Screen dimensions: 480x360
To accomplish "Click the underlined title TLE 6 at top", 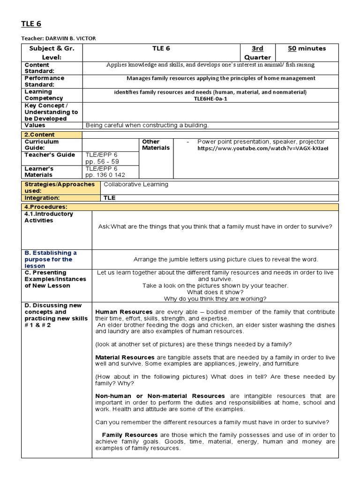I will coord(31,24).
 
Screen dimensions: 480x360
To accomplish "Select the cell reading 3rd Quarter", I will coord(257,52).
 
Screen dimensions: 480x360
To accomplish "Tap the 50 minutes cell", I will coord(307,48).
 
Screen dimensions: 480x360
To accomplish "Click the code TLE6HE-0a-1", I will coord(210,98).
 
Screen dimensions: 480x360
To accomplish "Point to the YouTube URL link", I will coord(263,148).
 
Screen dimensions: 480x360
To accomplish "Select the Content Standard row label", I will coord(37,68).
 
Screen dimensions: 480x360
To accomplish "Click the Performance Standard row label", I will coord(44,81).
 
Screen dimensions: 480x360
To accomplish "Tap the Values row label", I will coord(35,125).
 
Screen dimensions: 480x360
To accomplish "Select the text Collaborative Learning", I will coord(135,184).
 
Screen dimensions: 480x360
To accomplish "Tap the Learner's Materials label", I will coord(39,172).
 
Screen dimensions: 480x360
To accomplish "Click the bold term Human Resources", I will coord(124,312).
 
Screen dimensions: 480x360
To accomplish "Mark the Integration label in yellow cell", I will coord(41,198).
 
